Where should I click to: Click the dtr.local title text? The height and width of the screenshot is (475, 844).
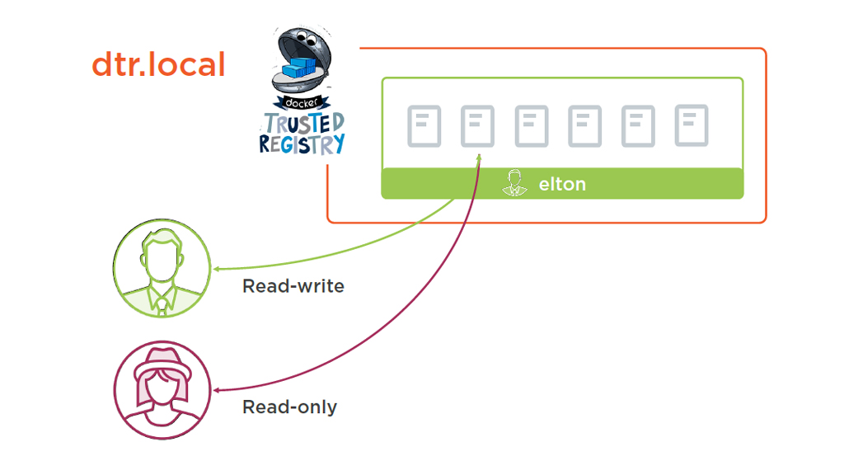point(158,64)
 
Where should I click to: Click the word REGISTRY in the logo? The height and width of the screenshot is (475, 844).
point(302,143)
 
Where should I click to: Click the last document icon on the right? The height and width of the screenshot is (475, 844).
point(692,126)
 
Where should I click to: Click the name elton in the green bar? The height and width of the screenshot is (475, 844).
point(562,184)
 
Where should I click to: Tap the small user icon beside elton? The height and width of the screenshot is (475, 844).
point(515,183)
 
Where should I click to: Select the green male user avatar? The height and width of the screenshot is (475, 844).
point(162,269)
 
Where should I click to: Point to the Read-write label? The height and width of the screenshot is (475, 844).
point(293,287)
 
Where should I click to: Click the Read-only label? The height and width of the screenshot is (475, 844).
point(289,407)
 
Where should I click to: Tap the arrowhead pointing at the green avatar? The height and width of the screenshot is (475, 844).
point(216,270)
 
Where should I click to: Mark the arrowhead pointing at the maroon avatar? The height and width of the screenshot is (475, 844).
point(216,390)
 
